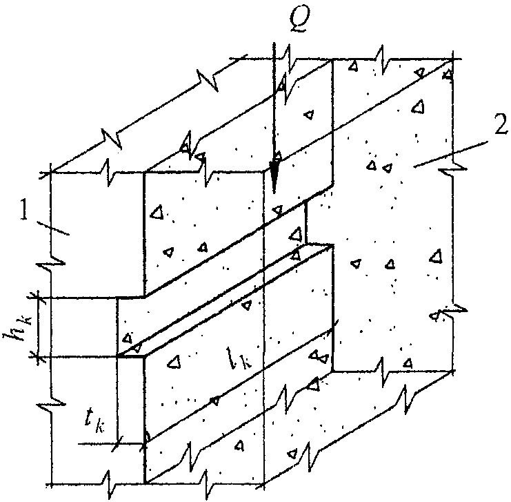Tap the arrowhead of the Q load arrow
(274, 179)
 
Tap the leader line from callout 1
(53, 228)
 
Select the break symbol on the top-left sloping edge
(112, 137)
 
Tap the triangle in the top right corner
(449, 75)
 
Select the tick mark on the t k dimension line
(117, 443)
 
